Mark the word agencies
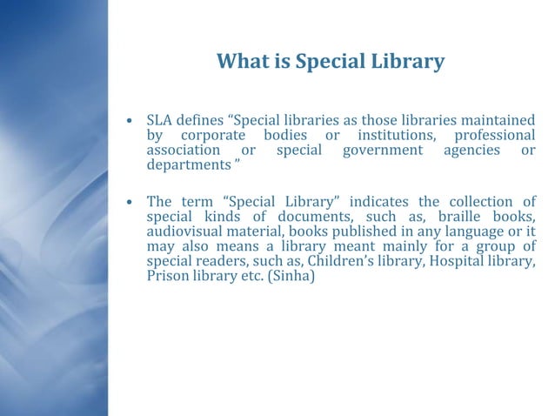click(471, 151)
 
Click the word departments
click(184, 165)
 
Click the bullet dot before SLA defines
click(129, 121)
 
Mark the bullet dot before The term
click(129, 202)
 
